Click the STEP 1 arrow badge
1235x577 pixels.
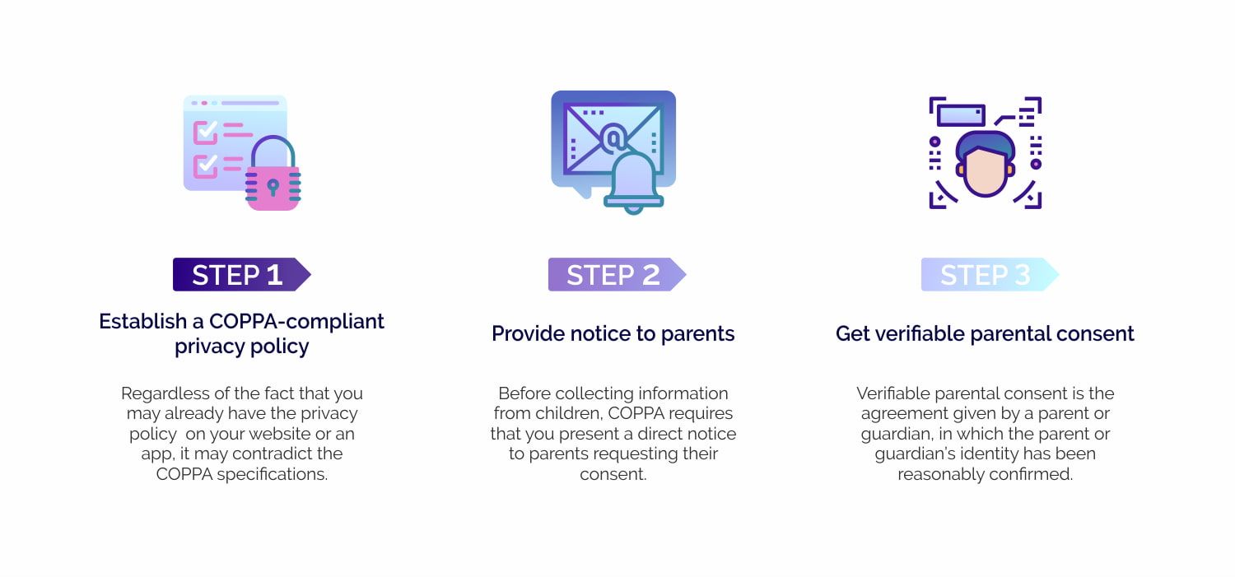coord(241,274)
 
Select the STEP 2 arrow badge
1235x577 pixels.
coord(617,274)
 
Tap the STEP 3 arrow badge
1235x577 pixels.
coord(990,274)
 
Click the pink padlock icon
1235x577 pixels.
coord(273,173)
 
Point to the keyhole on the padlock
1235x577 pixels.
coord(273,187)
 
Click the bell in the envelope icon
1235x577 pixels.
coord(633,182)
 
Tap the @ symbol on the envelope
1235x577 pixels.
coord(613,138)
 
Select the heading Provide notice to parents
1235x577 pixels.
coord(613,334)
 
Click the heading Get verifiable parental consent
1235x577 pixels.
coord(985,334)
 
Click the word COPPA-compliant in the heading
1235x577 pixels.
coord(296,321)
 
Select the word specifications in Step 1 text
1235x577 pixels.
coord(272,474)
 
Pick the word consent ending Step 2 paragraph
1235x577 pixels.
coord(613,474)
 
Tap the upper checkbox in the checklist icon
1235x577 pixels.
coord(205,133)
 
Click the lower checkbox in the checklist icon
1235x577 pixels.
coord(205,166)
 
